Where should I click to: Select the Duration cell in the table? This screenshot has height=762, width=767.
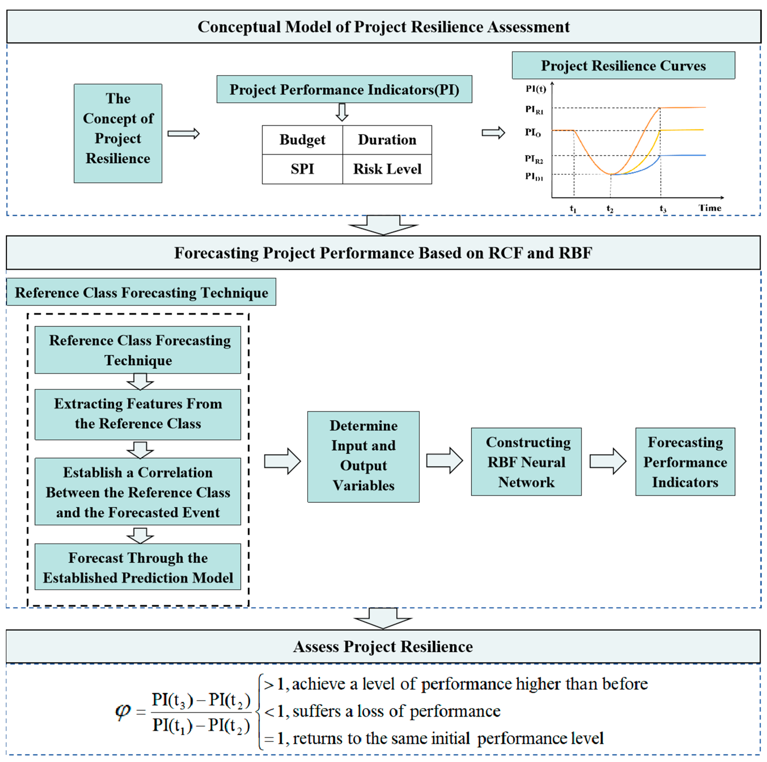click(387, 140)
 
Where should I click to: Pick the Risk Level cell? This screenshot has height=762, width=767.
click(387, 169)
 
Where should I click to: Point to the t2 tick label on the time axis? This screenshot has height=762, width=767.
click(610, 209)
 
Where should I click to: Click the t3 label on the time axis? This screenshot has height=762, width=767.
click(663, 209)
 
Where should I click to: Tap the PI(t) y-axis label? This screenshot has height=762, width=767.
click(535, 89)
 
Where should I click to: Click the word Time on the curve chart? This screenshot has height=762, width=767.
click(710, 208)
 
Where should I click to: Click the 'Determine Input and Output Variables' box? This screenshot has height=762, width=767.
click(363, 456)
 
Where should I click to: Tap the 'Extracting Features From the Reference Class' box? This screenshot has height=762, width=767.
click(138, 414)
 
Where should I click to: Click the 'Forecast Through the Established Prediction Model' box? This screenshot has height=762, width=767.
click(138, 567)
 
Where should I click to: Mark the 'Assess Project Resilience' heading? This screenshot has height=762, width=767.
click(383, 647)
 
